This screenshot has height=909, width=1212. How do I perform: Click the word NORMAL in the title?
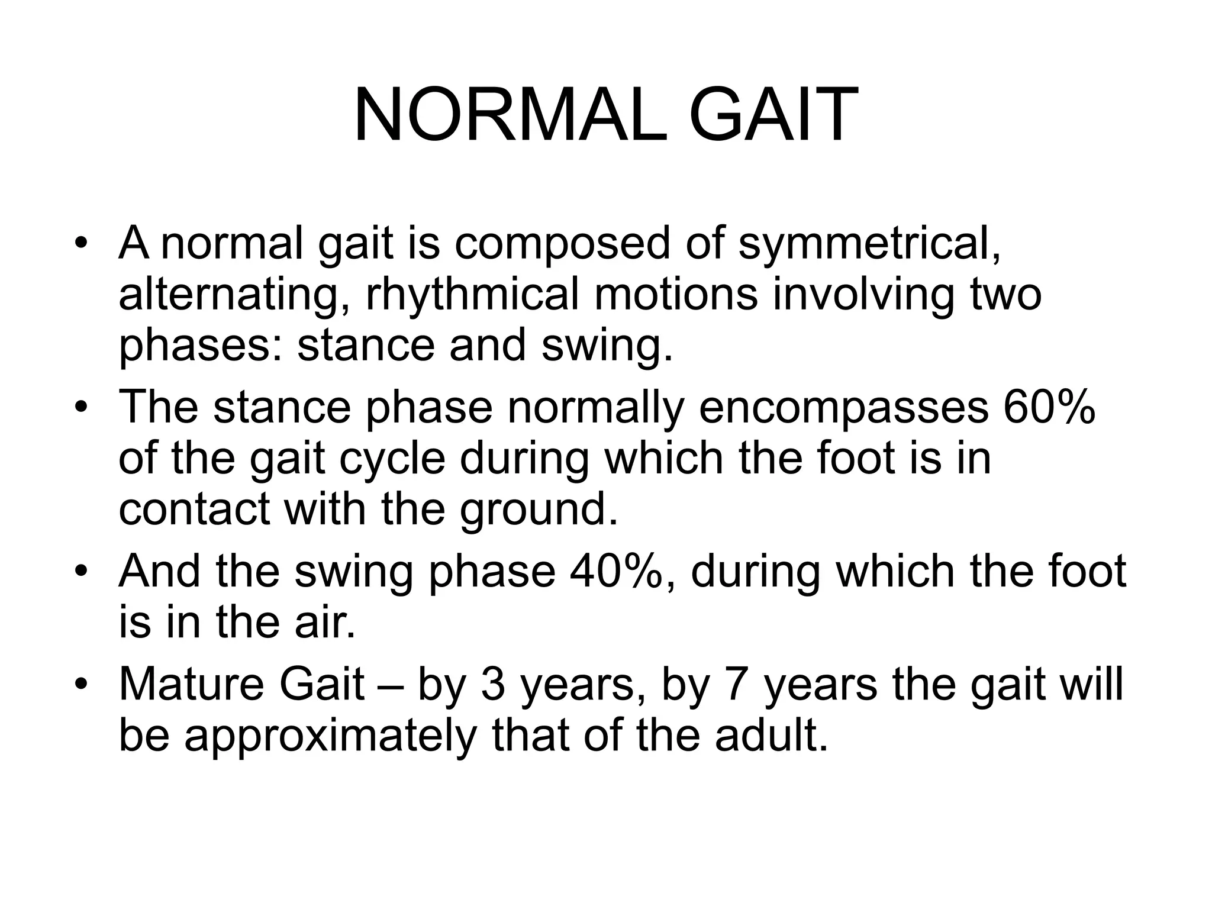pyautogui.click(x=510, y=115)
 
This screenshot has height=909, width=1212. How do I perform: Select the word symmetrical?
pyautogui.click(x=869, y=244)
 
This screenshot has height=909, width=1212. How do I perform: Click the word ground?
pyautogui.click(x=539, y=510)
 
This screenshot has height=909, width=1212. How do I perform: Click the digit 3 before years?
pyautogui.click(x=492, y=685)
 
